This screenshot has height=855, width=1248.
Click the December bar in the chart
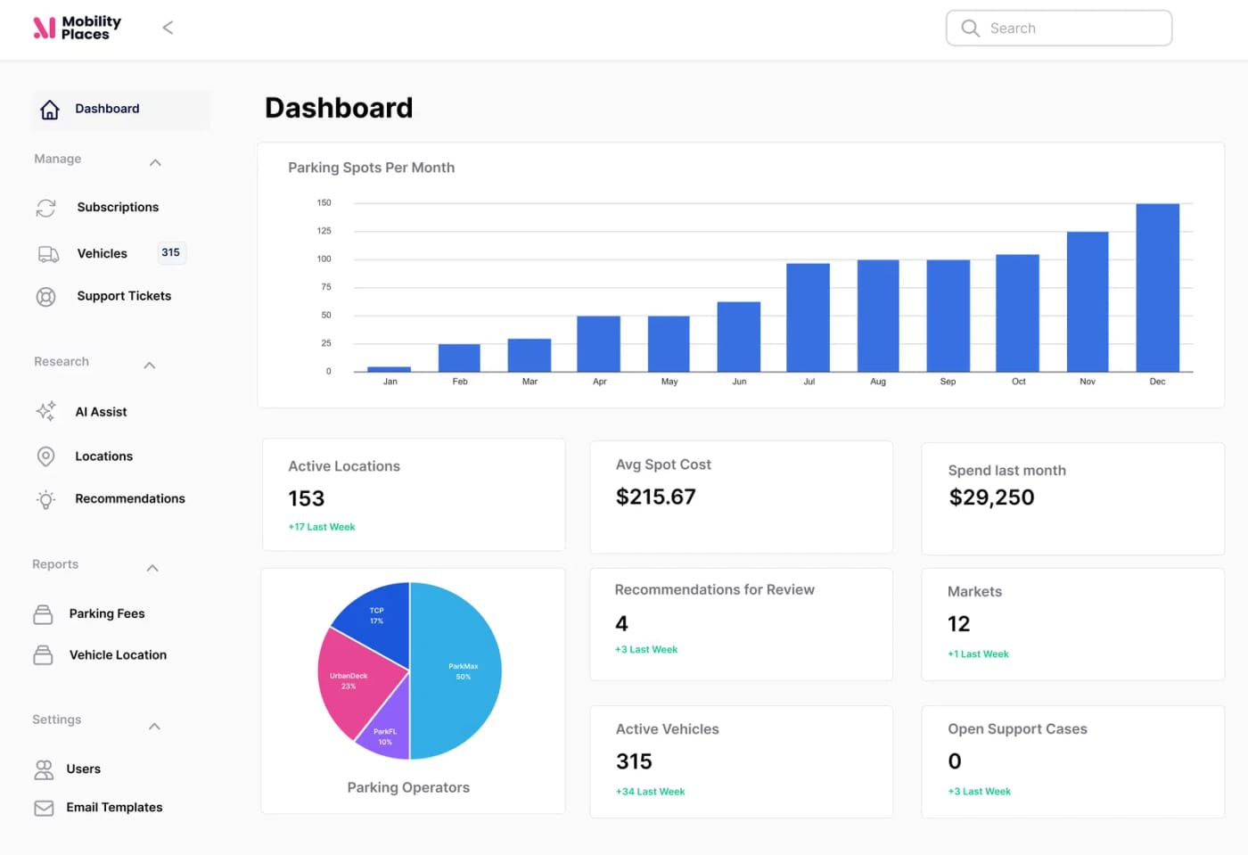tap(1157, 287)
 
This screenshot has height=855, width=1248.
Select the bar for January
tap(389, 368)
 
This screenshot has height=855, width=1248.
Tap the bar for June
tap(738, 336)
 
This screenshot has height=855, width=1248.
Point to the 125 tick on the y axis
tap(324, 231)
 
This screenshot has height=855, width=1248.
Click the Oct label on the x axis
tap(1018, 382)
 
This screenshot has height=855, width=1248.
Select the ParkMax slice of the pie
tap(459, 670)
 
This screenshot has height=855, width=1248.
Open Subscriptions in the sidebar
tap(118, 207)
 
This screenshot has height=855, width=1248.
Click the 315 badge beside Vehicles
tap(170, 253)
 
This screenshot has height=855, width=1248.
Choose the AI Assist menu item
tap(101, 412)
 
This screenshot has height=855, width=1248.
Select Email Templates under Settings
tap(114, 808)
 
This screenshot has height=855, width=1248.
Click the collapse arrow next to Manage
tap(155, 162)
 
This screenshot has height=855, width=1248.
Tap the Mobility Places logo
tap(77, 28)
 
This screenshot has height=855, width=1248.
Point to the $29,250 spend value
tap(991, 497)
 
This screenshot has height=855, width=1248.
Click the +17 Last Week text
tap(322, 527)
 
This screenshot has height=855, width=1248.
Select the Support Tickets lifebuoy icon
tap(45, 297)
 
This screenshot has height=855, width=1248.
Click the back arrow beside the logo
tap(168, 28)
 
